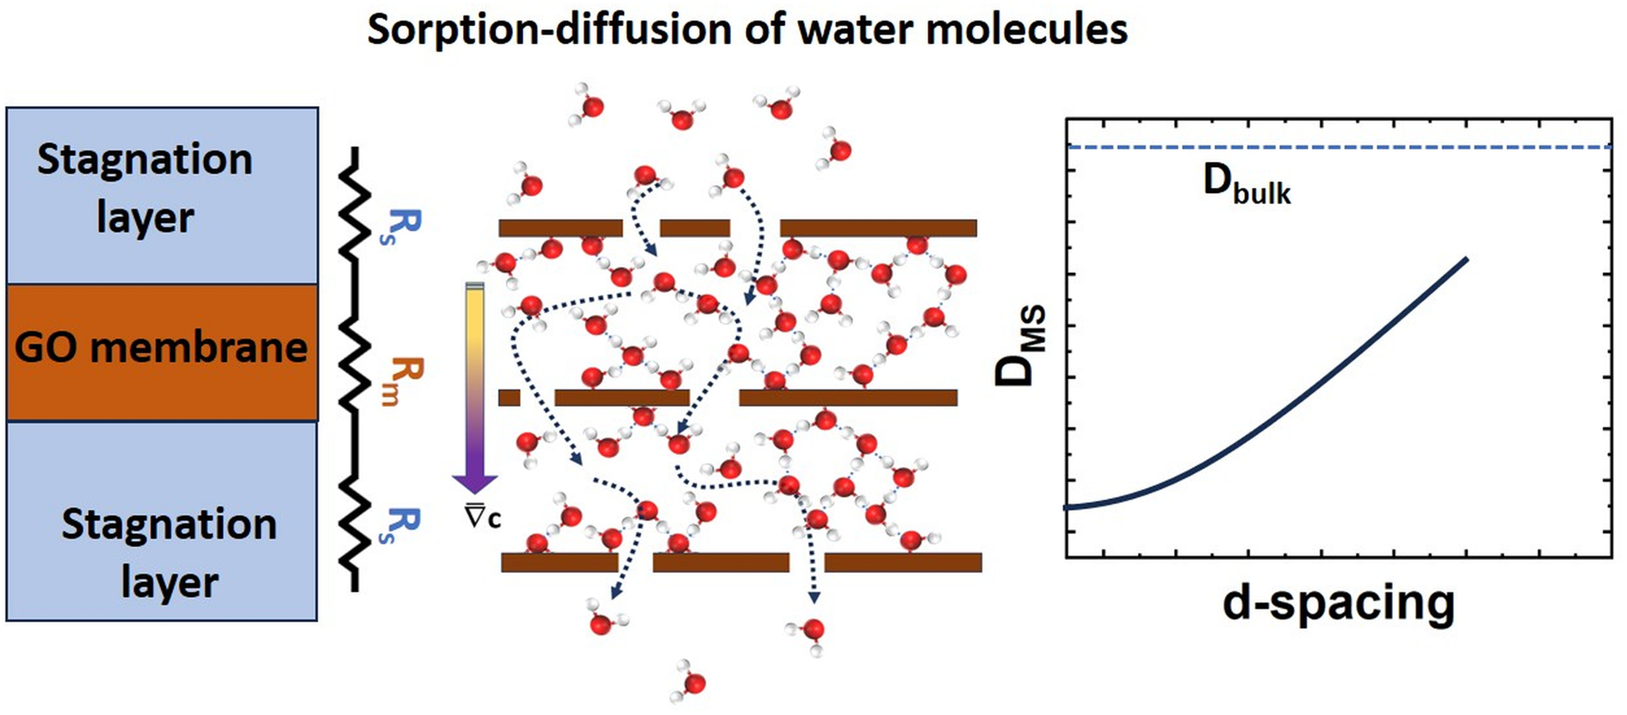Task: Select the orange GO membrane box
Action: pyautogui.click(x=162, y=352)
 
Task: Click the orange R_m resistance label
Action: pyautogui.click(x=401, y=381)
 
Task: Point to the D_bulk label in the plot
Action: pyautogui.click(x=1247, y=184)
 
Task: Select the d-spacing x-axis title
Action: pyautogui.click(x=1339, y=603)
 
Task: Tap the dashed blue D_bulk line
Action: pyautogui.click(x=1339, y=147)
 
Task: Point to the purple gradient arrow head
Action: pyautogui.click(x=474, y=482)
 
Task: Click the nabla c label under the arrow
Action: pyautogui.click(x=482, y=516)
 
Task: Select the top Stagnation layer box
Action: pyautogui.click(x=162, y=196)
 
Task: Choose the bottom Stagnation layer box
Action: pyautogui.click(x=162, y=521)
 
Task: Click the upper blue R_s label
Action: pyautogui.click(x=400, y=227)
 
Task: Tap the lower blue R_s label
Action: pyautogui.click(x=400, y=525)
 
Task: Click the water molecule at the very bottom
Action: pyautogui.click(x=690, y=681)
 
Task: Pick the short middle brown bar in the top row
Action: pyautogui.click(x=695, y=228)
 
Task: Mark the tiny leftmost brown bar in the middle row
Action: pyautogui.click(x=510, y=397)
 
